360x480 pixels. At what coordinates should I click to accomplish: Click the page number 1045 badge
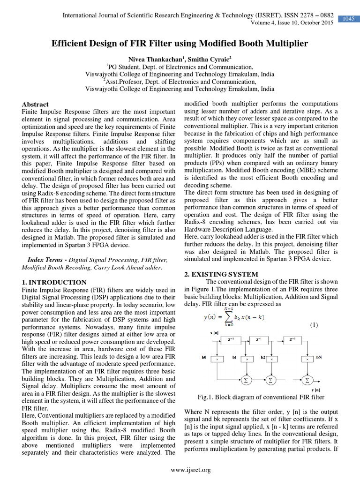pos(348,19)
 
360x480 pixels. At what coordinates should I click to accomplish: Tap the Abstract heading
pos(35,105)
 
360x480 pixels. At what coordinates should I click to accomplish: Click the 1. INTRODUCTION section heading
pos(54,282)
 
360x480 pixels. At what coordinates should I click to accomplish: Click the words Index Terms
pos(47,260)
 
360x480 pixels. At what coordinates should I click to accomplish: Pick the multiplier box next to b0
pos(217,359)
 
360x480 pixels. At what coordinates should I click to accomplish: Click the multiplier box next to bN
pos(307,359)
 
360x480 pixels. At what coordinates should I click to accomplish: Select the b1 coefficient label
pos(234,358)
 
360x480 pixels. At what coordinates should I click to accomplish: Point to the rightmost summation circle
pos(307,380)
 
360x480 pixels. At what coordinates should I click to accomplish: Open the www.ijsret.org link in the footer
pos(191,470)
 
